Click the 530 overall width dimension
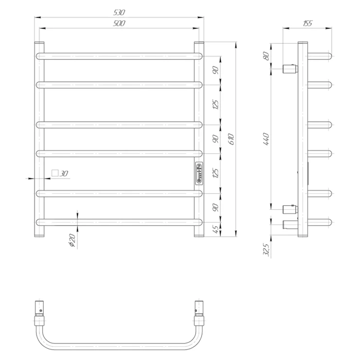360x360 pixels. tap(119, 12)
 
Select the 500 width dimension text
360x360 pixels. tap(119, 23)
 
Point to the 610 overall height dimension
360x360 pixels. tap(231, 139)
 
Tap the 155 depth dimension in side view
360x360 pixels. tap(307, 23)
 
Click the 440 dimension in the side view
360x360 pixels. tap(266, 139)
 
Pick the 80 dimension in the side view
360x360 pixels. tap(266, 56)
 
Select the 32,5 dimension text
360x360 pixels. tap(266, 250)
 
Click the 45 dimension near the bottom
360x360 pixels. tap(216, 230)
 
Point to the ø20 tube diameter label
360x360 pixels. tap(72, 240)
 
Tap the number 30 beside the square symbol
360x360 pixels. tap(64, 174)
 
